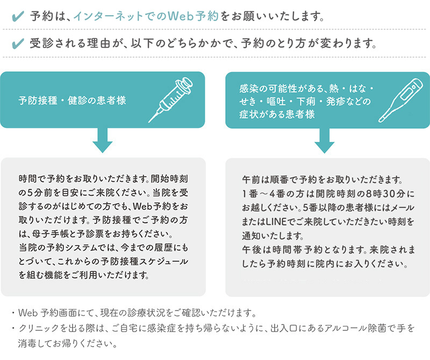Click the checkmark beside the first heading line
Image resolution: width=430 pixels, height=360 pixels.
tap(17, 15)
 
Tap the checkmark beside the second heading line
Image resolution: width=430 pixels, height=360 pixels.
tap(17, 43)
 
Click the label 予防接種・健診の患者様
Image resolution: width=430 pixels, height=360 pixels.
tap(75, 101)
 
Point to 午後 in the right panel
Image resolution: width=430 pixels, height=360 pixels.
tap(250, 248)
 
